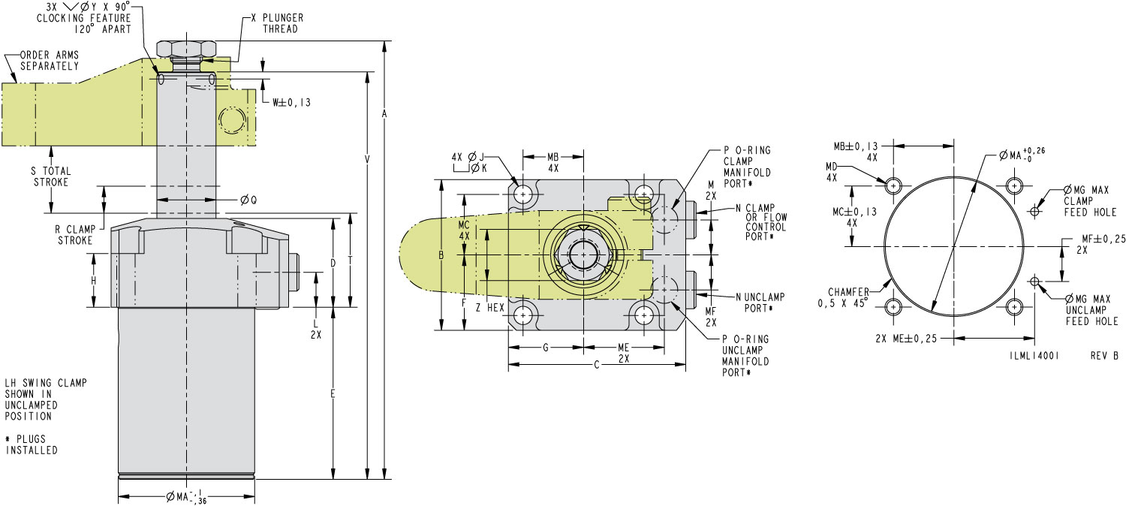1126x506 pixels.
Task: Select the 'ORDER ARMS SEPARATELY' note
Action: [48, 60]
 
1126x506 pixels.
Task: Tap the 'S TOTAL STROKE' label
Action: [50, 176]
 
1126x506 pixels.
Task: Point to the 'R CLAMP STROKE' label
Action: [74, 235]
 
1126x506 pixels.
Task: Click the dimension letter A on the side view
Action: [384, 113]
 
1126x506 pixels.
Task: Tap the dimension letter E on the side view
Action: [333, 393]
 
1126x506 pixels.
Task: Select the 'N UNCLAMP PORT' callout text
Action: [754, 302]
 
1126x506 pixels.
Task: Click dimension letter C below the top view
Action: [596, 366]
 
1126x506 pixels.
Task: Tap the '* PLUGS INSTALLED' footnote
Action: [32, 445]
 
